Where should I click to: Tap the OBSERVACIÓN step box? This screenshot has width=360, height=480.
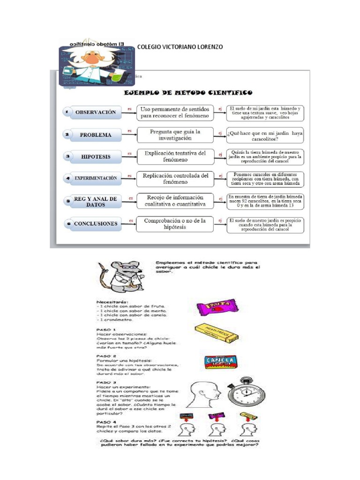pyautogui.click(x=91, y=112)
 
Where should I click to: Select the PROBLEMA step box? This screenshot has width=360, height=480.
pyautogui.click(x=91, y=135)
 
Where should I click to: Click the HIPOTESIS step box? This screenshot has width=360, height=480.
pyautogui.click(x=91, y=157)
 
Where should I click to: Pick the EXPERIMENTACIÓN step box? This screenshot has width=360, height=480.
pyautogui.click(x=91, y=179)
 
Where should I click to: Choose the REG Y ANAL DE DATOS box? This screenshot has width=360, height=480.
pyautogui.click(x=91, y=202)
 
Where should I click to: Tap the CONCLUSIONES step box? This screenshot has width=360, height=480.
pyautogui.click(x=91, y=224)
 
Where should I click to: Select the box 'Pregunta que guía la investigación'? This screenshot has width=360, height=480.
pyautogui.click(x=175, y=135)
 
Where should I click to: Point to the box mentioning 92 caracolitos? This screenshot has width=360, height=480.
pyautogui.click(x=265, y=201)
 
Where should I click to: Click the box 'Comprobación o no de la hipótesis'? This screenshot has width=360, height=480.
pyautogui.click(x=175, y=224)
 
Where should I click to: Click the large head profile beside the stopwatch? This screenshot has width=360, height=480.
pyautogui.click(x=204, y=397)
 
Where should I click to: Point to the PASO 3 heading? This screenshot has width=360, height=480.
pyautogui.click(x=104, y=382)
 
